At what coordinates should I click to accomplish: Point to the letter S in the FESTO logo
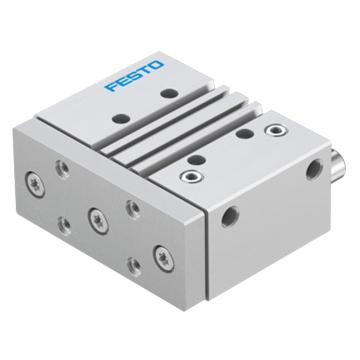(x=133, y=76)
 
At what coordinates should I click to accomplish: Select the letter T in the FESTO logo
(x=144, y=71)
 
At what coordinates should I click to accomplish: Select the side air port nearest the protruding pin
(x=314, y=169)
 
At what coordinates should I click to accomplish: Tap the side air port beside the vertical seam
(x=230, y=216)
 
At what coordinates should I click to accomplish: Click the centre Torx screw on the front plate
(x=99, y=221)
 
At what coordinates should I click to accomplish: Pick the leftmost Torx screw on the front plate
(x=35, y=184)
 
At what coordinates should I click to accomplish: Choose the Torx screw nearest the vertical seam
(x=164, y=258)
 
